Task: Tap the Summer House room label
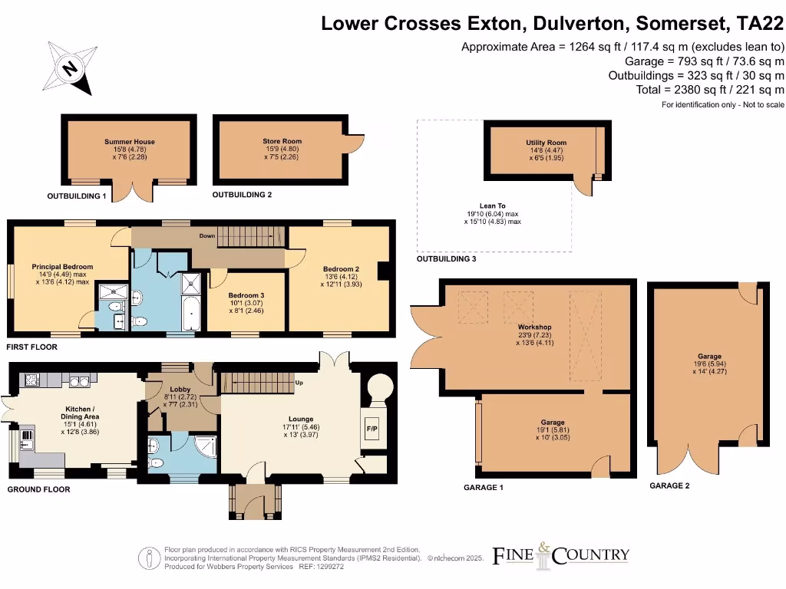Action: coord(130,142)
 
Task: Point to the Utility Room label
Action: coord(546,143)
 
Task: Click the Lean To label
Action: coord(492,206)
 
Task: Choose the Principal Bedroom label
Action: coord(62,267)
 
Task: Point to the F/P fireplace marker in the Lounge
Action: coord(372,428)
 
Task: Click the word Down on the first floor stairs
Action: coord(187,236)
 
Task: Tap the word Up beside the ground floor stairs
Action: coord(300,382)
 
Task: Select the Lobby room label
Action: coord(180,390)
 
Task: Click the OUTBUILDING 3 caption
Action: coord(446,259)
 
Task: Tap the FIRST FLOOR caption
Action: coord(31,347)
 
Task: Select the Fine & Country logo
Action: coord(560,553)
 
